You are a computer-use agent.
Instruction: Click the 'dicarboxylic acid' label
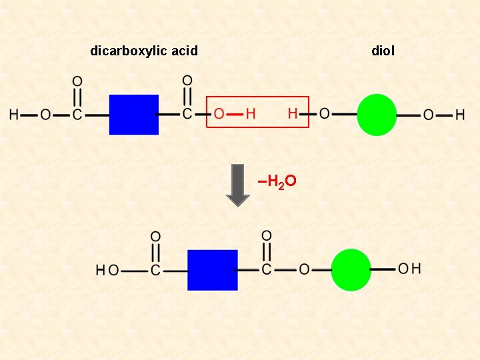click(144, 51)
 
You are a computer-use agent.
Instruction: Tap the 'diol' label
click(383, 51)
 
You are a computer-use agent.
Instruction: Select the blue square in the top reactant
click(134, 115)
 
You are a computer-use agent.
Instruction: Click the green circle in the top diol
click(377, 115)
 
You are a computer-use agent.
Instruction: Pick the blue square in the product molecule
click(213, 270)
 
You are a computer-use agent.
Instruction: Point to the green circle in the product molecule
click(351, 270)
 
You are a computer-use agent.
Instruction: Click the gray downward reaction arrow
click(237, 185)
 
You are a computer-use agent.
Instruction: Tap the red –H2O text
click(277, 181)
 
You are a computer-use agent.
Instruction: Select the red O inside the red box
click(219, 114)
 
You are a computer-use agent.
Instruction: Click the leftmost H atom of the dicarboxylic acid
click(13, 115)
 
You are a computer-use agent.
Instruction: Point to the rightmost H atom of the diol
click(460, 115)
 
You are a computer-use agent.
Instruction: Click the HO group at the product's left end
click(107, 270)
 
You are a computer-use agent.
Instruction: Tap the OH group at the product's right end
click(409, 269)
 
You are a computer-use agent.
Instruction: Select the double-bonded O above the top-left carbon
click(77, 81)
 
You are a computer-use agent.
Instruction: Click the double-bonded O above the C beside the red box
click(187, 81)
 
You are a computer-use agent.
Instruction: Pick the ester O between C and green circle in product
click(304, 270)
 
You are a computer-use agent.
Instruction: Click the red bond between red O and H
click(235, 114)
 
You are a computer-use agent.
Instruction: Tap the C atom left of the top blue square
click(77, 115)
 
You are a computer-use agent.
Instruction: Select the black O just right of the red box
click(324, 114)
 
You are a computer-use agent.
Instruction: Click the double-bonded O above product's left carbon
click(155, 237)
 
